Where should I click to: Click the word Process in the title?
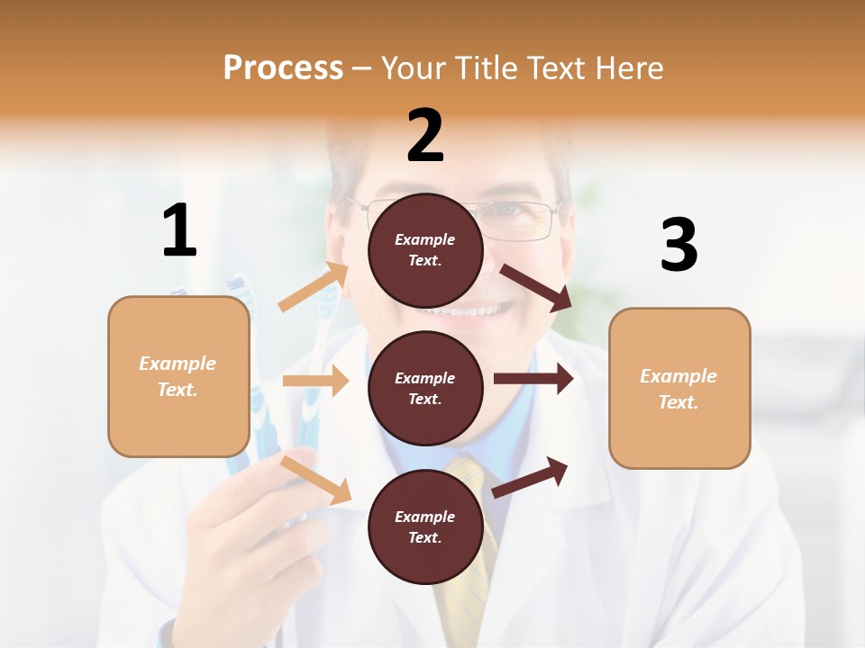pyautogui.click(x=283, y=67)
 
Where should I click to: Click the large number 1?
pyautogui.click(x=179, y=230)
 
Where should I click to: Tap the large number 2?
pyautogui.click(x=425, y=136)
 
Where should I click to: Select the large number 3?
pyautogui.click(x=678, y=246)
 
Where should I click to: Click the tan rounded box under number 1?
pyautogui.click(x=178, y=376)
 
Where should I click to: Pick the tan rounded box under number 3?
pyautogui.click(x=679, y=388)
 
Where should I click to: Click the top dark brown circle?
pyautogui.click(x=425, y=250)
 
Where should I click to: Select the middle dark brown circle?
pyautogui.click(x=425, y=388)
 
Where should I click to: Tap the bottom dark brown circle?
pyautogui.click(x=425, y=526)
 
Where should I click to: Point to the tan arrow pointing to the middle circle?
pyautogui.click(x=315, y=381)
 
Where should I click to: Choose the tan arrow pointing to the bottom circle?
pyautogui.click(x=316, y=480)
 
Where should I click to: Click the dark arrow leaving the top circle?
pyautogui.click(x=536, y=287)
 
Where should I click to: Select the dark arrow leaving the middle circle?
pyautogui.click(x=533, y=379)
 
